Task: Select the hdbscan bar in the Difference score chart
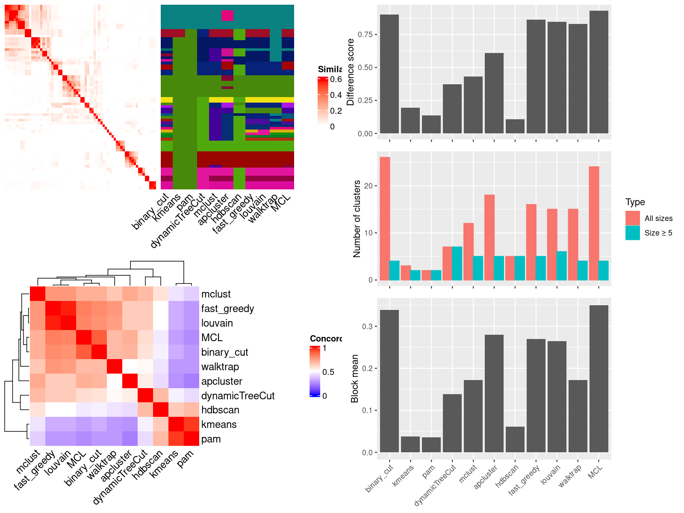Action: point(515,126)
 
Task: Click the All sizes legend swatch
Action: point(633,218)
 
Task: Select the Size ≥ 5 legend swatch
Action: point(633,233)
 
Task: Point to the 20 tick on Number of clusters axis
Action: point(369,186)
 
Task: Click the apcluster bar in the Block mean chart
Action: point(494,393)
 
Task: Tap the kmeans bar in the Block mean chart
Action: point(410,444)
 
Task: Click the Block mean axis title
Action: point(354,379)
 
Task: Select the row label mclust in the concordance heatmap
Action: point(216,294)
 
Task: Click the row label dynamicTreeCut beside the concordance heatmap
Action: point(238,396)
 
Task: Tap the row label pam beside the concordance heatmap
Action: point(211,439)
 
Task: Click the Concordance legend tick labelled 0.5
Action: point(328,372)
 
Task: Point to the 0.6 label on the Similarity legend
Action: point(336,79)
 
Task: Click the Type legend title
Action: point(635,202)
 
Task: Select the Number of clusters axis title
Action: point(357,219)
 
